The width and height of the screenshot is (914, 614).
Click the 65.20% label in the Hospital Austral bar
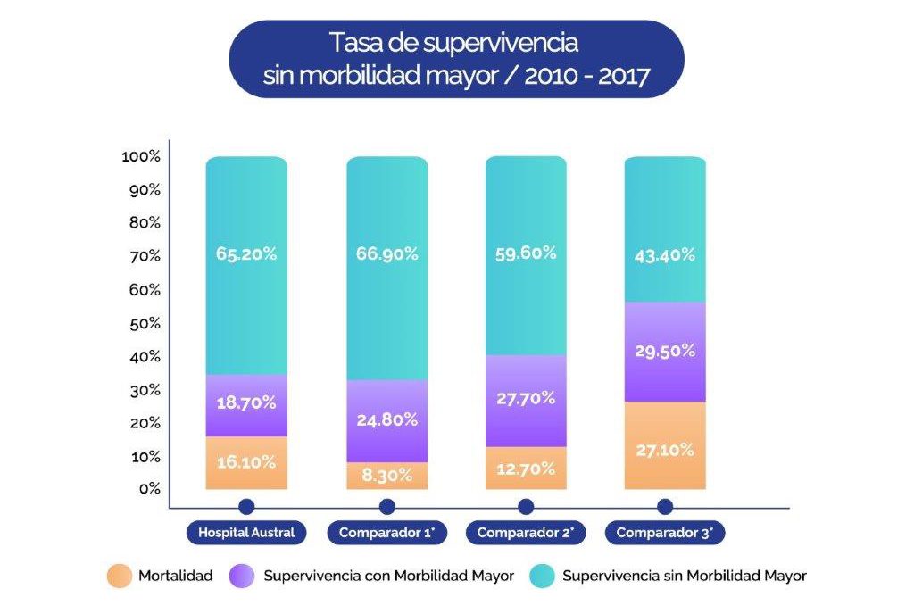[x=245, y=253]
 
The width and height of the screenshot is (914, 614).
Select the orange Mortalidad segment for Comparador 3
[x=664, y=445]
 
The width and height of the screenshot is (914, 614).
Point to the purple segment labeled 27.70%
[x=526, y=400]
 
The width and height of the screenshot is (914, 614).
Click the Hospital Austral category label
[x=246, y=534]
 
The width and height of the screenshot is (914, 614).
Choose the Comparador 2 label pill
[x=526, y=534]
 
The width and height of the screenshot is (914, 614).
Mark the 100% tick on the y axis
[x=140, y=156]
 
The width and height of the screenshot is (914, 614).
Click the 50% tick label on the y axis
[x=144, y=323]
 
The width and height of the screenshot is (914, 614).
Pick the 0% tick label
[x=148, y=489]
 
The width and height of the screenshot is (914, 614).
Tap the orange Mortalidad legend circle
[x=116, y=576]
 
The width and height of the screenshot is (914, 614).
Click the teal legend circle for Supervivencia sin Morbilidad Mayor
[x=540, y=576]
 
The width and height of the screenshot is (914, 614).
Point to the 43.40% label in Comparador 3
[x=664, y=253]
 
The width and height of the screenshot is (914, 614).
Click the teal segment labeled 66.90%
[x=386, y=268]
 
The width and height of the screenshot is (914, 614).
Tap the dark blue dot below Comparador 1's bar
[x=386, y=507]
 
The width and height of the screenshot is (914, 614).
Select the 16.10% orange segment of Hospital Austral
[x=245, y=462]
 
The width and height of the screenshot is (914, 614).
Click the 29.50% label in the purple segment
[x=664, y=351]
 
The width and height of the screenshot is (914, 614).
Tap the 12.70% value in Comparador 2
[x=526, y=469]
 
